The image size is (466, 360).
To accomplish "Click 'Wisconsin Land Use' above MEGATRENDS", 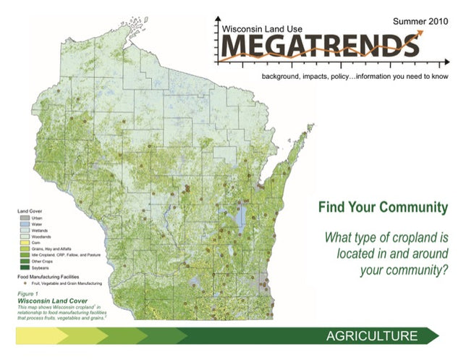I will tap(263, 28).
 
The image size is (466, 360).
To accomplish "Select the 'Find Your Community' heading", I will tap(383, 209).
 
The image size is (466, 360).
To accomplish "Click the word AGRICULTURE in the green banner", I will tap(371, 336).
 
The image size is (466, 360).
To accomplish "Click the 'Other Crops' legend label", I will tap(40, 261).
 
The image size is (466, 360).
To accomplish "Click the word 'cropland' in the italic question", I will tap(410, 238).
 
